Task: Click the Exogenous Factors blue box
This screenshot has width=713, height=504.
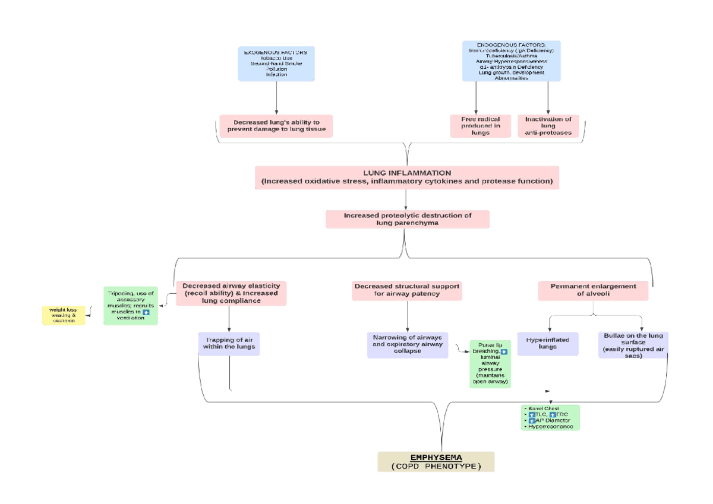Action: point(276,64)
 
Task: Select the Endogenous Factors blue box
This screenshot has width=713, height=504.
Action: point(512,61)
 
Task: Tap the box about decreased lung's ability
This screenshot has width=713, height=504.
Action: point(276,126)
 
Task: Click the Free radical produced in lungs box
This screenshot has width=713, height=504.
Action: point(480,126)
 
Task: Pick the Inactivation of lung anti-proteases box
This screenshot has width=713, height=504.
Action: point(548,126)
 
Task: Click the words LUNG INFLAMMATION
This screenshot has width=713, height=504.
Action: point(407,173)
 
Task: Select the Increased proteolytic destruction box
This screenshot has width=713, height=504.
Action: point(407,219)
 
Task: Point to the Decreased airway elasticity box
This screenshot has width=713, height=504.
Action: point(231,293)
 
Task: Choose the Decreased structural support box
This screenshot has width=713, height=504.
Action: point(407,290)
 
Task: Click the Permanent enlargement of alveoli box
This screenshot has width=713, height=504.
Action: point(592,290)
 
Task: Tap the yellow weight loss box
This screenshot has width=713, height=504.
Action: point(64,315)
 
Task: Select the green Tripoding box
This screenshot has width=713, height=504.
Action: point(131,306)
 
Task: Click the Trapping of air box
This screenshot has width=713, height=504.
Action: point(229,343)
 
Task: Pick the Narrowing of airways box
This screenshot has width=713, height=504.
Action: point(407,344)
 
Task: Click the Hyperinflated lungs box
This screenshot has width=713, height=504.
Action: point(547,343)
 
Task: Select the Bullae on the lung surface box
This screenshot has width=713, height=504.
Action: point(633,344)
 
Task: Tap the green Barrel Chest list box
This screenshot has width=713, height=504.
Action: point(549,417)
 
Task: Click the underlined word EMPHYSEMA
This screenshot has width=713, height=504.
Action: point(436,457)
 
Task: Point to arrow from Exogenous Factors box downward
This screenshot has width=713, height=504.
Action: point(277,97)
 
